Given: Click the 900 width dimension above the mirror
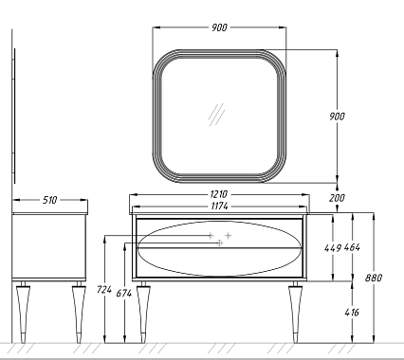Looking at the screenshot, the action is (x=219, y=27).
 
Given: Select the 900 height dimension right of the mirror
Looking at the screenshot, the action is (x=337, y=117).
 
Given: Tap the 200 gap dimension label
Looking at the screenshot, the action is (x=337, y=198).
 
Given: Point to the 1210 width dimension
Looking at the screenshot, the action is (x=219, y=194).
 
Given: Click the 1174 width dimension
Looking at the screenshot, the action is (x=219, y=207).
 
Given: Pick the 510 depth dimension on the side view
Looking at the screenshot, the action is (x=49, y=200).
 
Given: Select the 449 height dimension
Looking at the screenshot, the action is (x=333, y=248).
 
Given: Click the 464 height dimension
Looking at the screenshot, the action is (x=352, y=247).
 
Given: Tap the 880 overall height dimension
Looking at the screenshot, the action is (x=374, y=278).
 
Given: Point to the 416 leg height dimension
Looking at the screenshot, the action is (x=352, y=313).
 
